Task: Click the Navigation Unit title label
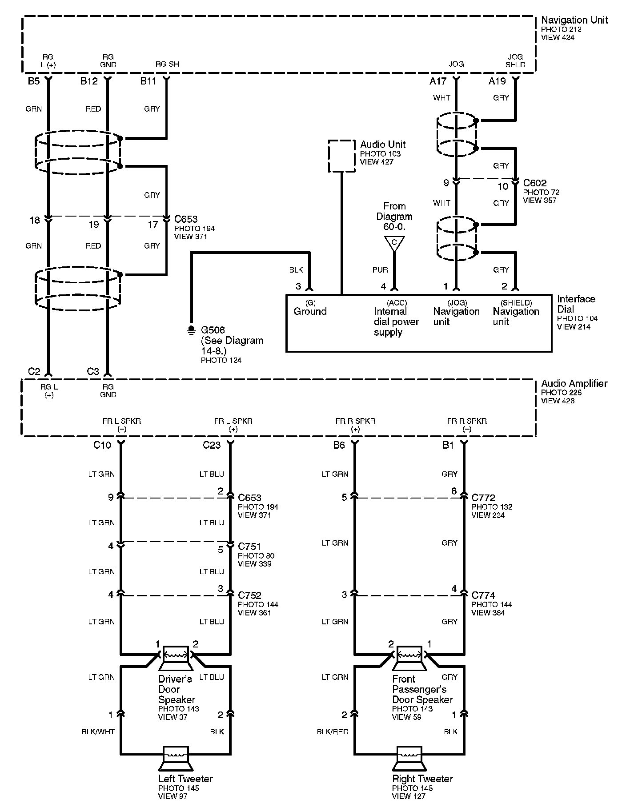tap(574, 20)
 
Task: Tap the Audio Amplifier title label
tap(574, 383)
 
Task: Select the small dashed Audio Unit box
tap(341, 156)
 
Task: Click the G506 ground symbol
tap(191, 329)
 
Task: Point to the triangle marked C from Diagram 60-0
tap(394, 243)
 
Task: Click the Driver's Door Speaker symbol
tap(175, 657)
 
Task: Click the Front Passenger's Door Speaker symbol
tap(409, 657)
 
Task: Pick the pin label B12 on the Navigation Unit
tap(89, 81)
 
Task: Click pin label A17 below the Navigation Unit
tap(438, 81)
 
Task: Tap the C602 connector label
tap(534, 183)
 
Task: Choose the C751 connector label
tap(249, 547)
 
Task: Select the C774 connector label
tap(483, 595)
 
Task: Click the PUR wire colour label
tap(380, 270)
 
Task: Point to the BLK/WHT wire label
tap(98, 732)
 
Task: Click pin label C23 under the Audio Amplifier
tap(212, 445)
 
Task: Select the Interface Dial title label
tap(576, 304)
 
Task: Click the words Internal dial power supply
tap(396, 322)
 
